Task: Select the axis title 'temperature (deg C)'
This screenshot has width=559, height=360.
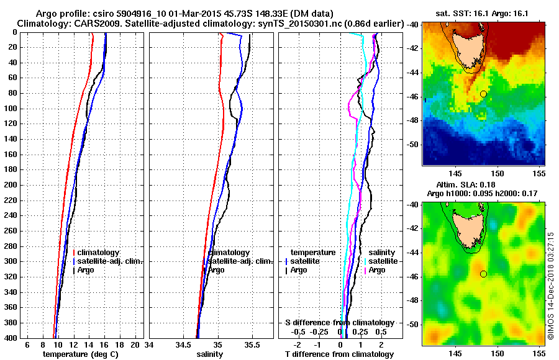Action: click(x=80, y=354)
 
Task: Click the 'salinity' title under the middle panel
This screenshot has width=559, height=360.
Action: click(x=209, y=354)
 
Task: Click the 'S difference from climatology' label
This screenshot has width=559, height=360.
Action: click(x=339, y=323)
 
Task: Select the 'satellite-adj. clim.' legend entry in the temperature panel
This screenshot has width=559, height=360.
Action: click(x=111, y=261)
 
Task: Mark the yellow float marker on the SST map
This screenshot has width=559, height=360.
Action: click(x=483, y=94)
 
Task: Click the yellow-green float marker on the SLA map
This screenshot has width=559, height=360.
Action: click(x=483, y=274)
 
